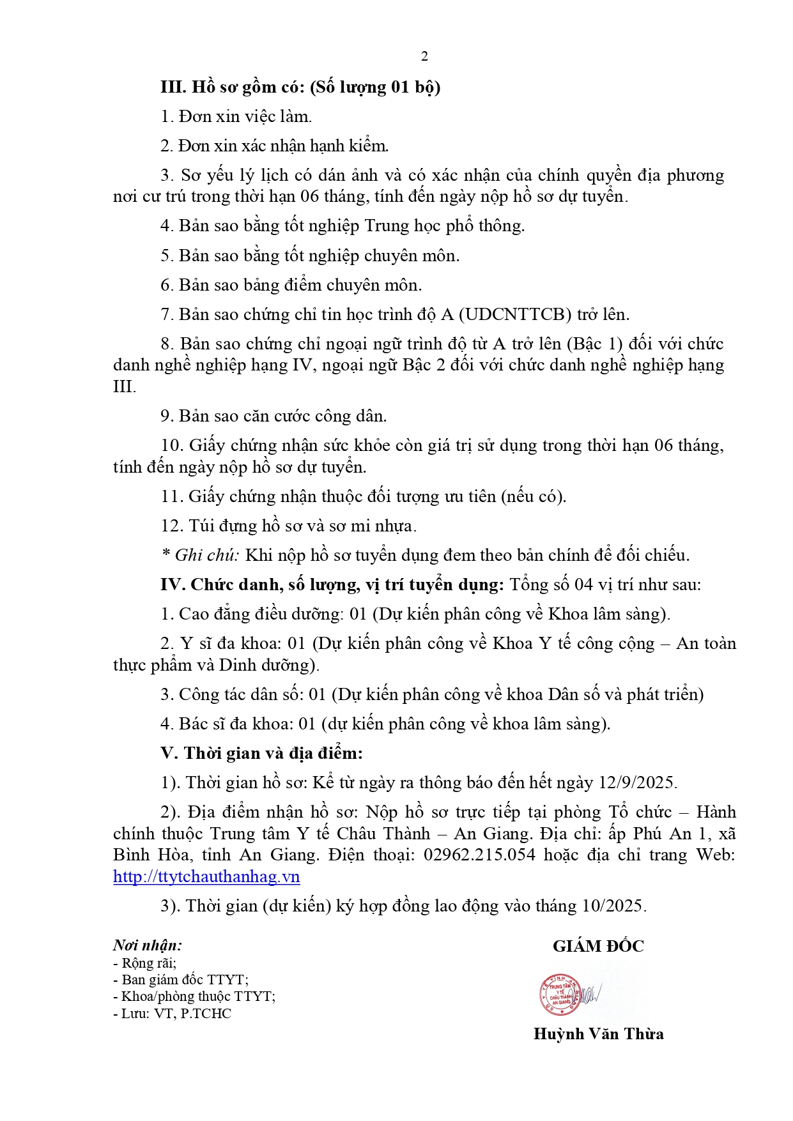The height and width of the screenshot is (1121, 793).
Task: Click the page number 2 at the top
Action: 424,57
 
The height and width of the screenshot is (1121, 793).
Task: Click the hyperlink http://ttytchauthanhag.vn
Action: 206,876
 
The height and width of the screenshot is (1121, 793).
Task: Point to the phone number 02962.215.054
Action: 479,855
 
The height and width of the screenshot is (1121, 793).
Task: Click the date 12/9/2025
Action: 636,782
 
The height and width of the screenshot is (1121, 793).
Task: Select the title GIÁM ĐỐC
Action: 598,946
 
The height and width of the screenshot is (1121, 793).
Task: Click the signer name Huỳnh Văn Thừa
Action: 598,1033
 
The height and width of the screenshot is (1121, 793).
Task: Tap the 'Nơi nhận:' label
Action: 148,945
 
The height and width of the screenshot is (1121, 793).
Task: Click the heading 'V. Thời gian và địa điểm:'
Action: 261,753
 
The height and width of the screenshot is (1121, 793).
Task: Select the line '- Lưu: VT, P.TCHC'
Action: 172,1013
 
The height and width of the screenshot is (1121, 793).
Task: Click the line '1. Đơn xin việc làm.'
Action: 236,116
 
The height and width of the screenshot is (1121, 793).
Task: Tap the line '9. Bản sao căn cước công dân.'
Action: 273,416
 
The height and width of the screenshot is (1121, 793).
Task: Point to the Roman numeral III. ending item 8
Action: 124,386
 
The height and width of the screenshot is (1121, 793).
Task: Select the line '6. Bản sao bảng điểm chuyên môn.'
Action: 291,285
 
